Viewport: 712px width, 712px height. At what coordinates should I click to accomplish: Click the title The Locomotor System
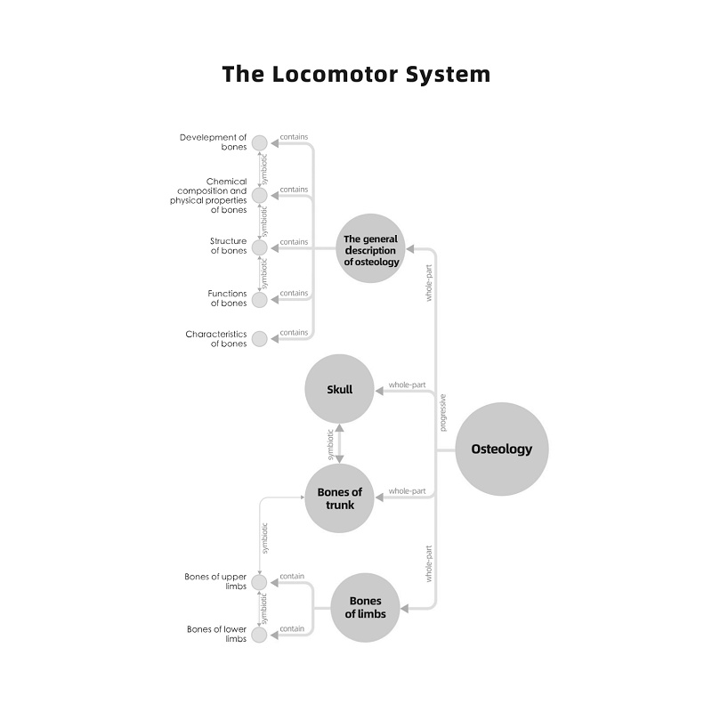(x=356, y=73)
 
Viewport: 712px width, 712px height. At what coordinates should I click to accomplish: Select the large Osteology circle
(x=502, y=449)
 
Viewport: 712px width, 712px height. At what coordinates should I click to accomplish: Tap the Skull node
(x=340, y=389)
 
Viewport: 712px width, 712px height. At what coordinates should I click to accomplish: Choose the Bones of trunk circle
(x=340, y=498)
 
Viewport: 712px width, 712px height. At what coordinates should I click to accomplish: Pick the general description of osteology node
(x=372, y=250)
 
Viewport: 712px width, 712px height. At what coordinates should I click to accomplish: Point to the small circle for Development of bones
(x=259, y=142)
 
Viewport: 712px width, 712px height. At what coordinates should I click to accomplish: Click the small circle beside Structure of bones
(x=259, y=247)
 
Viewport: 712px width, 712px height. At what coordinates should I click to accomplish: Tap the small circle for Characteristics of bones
(x=259, y=339)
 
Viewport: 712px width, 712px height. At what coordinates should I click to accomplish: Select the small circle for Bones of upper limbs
(x=259, y=582)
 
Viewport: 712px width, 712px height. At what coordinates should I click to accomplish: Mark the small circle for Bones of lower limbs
(x=259, y=635)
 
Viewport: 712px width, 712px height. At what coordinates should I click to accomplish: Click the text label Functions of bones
(x=228, y=298)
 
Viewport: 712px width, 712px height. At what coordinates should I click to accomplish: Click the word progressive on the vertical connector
(x=443, y=413)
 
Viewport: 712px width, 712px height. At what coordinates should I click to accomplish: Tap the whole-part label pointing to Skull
(x=407, y=384)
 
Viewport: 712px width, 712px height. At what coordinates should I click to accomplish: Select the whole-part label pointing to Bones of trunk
(x=407, y=491)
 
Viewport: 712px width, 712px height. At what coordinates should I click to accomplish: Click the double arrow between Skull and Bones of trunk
(x=339, y=443)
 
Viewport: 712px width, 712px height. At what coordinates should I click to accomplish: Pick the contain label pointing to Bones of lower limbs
(x=292, y=629)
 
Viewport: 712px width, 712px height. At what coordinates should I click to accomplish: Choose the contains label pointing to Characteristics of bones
(x=294, y=333)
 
